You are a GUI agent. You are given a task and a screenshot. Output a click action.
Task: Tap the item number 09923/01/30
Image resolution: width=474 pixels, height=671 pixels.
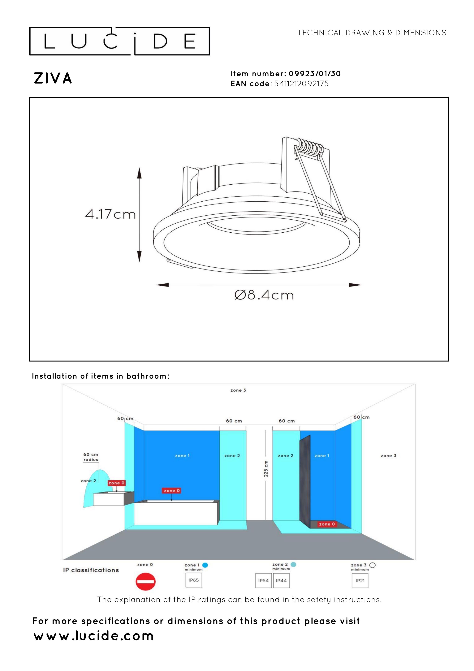click(315, 74)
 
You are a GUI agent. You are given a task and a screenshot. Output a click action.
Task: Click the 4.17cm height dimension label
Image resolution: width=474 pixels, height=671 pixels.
click(110, 214)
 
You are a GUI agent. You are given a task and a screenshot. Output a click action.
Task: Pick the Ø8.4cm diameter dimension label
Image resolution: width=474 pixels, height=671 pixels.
click(264, 295)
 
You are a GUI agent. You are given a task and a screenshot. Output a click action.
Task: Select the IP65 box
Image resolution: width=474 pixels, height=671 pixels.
click(194, 580)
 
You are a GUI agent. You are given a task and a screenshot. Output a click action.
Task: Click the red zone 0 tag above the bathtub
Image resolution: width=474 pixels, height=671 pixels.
click(171, 491)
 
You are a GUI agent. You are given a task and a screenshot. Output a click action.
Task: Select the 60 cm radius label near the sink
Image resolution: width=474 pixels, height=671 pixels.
click(91, 457)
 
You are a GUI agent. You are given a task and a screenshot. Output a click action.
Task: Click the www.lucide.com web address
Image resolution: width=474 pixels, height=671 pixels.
click(94, 636)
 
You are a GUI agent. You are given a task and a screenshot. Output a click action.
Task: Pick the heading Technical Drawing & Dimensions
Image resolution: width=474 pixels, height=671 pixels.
click(372, 33)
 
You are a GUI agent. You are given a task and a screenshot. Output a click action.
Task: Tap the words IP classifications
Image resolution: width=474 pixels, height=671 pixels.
click(91, 570)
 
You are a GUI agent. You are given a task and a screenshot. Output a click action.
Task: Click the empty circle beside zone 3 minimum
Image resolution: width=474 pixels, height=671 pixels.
click(372, 565)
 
